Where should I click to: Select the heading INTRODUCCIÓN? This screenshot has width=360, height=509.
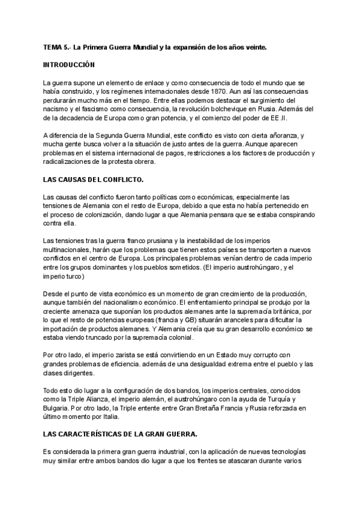coord(68,64)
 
